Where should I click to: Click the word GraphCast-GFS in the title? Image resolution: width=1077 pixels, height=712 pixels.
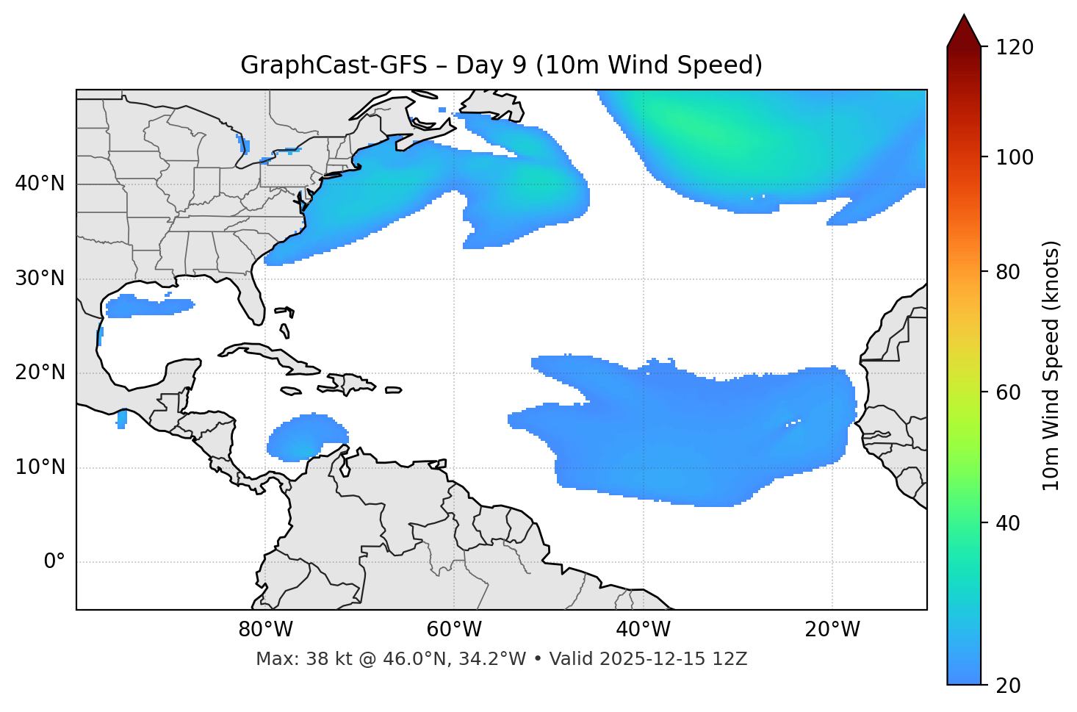pos(334,65)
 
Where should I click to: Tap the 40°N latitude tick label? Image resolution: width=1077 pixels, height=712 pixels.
pos(40,184)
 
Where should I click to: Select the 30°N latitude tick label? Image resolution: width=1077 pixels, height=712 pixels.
pos(40,278)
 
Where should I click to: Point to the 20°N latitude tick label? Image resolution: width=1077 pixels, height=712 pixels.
pos(40,373)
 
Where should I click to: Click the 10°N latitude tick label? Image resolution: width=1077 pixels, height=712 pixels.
pos(40,467)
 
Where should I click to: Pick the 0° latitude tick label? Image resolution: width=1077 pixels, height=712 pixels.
pos(54,562)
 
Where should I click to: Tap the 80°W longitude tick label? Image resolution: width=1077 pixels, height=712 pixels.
pos(265,630)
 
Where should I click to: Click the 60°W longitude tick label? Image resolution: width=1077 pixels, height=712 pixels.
pos(454,630)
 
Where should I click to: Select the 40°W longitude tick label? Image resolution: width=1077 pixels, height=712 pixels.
pos(644,630)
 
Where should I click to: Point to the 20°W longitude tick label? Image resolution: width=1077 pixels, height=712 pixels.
pos(832,630)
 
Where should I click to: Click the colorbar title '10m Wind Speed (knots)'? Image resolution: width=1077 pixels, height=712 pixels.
pos(1051,365)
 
